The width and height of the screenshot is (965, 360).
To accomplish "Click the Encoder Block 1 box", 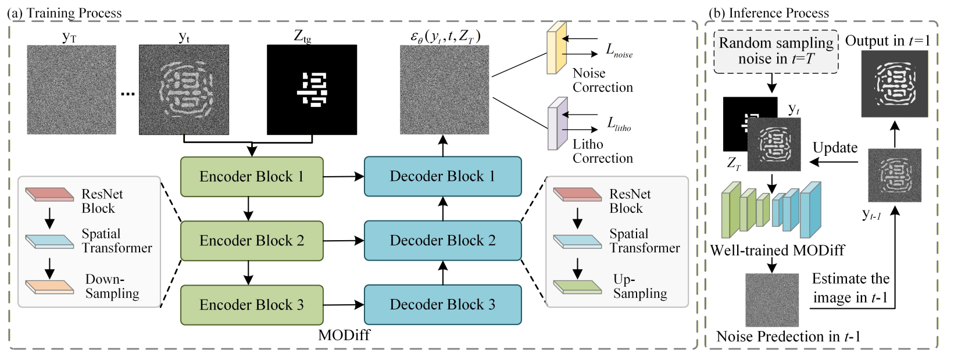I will [251, 176].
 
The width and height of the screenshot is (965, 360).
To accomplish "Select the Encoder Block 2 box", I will [251, 240].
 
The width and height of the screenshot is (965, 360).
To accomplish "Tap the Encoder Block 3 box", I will [251, 305].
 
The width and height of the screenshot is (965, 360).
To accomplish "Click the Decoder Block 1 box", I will [442, 176].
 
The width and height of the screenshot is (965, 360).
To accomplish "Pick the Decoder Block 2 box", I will [442, 240].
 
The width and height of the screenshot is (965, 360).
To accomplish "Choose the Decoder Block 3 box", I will [442, 305].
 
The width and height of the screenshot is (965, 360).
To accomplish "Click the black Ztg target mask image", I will [312, 90].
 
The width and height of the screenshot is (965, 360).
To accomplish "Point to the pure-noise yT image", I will [71, 90].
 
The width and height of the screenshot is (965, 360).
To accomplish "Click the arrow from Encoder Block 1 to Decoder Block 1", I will [343, 176].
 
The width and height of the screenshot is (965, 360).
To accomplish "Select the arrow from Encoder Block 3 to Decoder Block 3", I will [343, 305].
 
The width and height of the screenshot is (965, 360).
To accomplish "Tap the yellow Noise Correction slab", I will [556, 49].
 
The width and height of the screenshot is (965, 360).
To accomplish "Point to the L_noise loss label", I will [619, 51].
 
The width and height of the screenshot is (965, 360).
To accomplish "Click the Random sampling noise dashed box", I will [775, 51].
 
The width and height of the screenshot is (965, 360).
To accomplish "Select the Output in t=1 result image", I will [894, 83].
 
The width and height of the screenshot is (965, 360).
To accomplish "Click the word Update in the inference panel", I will [835, 148].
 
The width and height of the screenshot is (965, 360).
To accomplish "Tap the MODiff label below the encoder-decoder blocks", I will [344, 335].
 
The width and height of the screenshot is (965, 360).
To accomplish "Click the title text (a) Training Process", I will [65, 13].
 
